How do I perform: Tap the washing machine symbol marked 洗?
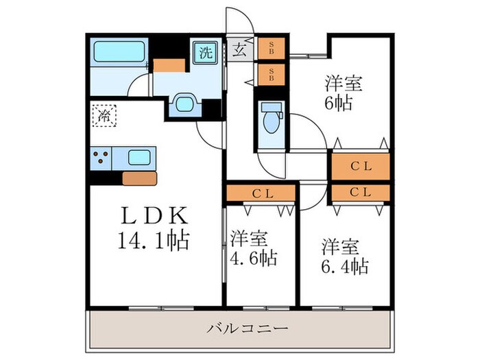pos(205,52)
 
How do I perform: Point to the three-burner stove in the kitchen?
pos(101,157)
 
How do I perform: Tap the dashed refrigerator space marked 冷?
pos(104,115)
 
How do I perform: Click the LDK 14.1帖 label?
pos(154,229)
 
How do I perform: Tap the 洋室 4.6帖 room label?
pos(253,248)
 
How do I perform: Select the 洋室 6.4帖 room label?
pos(344,256)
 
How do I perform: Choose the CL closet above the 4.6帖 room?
pos(261,193)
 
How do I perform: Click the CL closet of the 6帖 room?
pos(360,165)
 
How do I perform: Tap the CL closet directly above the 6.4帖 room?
pos(360,192)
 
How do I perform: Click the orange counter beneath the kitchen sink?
pos(139,178)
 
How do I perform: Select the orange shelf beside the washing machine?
pos(169,66)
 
